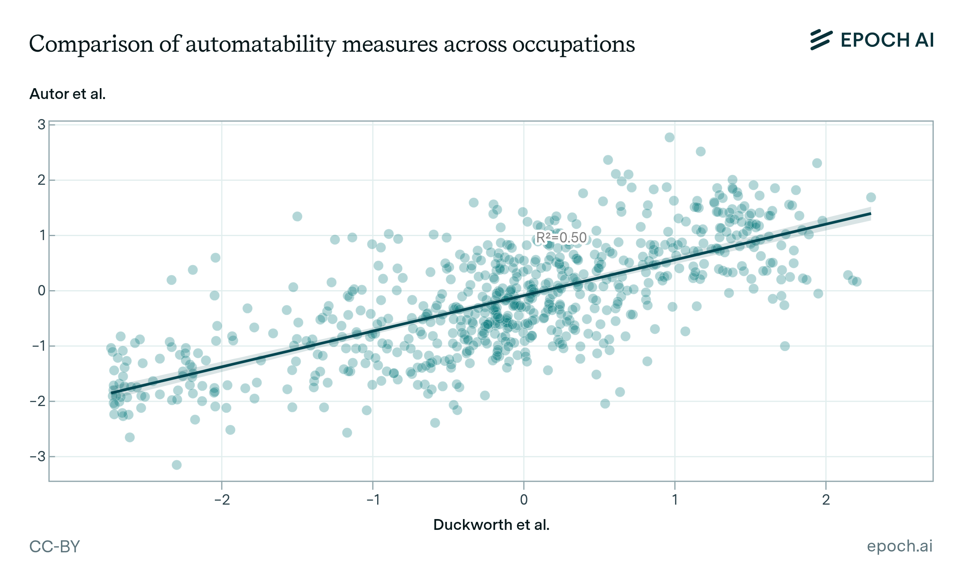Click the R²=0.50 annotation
click(x=561, y=238)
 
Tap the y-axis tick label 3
click(x=42, y=125)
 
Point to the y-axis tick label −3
click(x=38, y=457)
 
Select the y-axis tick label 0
click(x=42, y=291)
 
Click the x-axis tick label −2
click(x=222, y=500)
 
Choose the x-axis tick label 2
click(x=826, y=500)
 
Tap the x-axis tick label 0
click(x=523, y=500)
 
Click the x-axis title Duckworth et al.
click(x=491, y=525)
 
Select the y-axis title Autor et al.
click(x=68, y=94)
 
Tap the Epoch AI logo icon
click(x=821, y=40)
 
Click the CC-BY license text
click(x=55, y=546)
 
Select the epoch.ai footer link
click(x=899, y=546)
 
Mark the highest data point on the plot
click(x=669, y=137)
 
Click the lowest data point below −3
click(x=177, y=465)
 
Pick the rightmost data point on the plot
click(x=871, y=197)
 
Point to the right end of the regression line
click(x=870, y=214)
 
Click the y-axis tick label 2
click(x=42, y=180)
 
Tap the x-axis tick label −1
click(x=372, y=500)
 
